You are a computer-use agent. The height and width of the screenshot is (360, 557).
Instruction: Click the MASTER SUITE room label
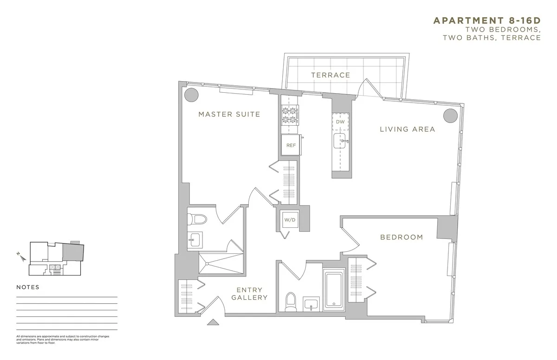[229, 114]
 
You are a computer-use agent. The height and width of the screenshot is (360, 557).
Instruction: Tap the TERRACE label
[330, 75]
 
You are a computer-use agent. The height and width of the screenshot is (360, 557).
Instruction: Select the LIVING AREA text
[408, 129]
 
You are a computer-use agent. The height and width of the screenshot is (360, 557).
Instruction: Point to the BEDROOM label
[402, 237]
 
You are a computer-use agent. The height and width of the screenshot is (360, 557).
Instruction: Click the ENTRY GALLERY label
[249, 294]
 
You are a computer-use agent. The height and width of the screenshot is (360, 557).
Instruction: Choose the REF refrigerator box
[291, 145]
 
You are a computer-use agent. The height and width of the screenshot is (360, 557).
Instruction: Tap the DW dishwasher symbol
[341, 122]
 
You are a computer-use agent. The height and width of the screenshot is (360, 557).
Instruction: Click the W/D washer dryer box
[287, 219]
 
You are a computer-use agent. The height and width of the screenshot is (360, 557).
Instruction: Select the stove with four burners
[290, 115]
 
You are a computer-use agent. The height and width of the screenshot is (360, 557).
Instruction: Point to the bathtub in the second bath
[334, 290]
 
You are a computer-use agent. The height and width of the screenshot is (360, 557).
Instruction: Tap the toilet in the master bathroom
[194, 219]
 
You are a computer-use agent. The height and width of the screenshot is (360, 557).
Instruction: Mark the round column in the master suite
[191, 95]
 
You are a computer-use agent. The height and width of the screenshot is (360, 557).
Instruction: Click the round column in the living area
[449, 116]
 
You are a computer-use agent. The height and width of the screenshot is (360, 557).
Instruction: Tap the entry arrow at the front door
[213, 322]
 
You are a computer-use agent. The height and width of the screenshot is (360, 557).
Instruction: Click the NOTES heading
[28, 287]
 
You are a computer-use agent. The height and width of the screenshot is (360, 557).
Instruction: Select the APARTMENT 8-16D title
[486, 20]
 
